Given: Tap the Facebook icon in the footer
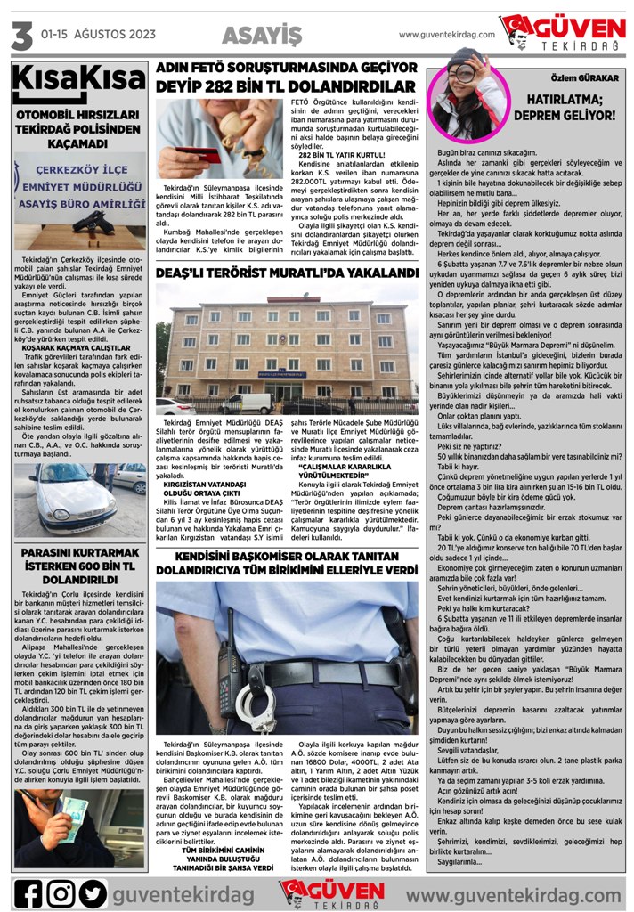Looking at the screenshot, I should point(30,893).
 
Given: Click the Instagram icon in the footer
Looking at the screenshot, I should point(61,893).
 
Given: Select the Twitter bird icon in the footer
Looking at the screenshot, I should point(92,893).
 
